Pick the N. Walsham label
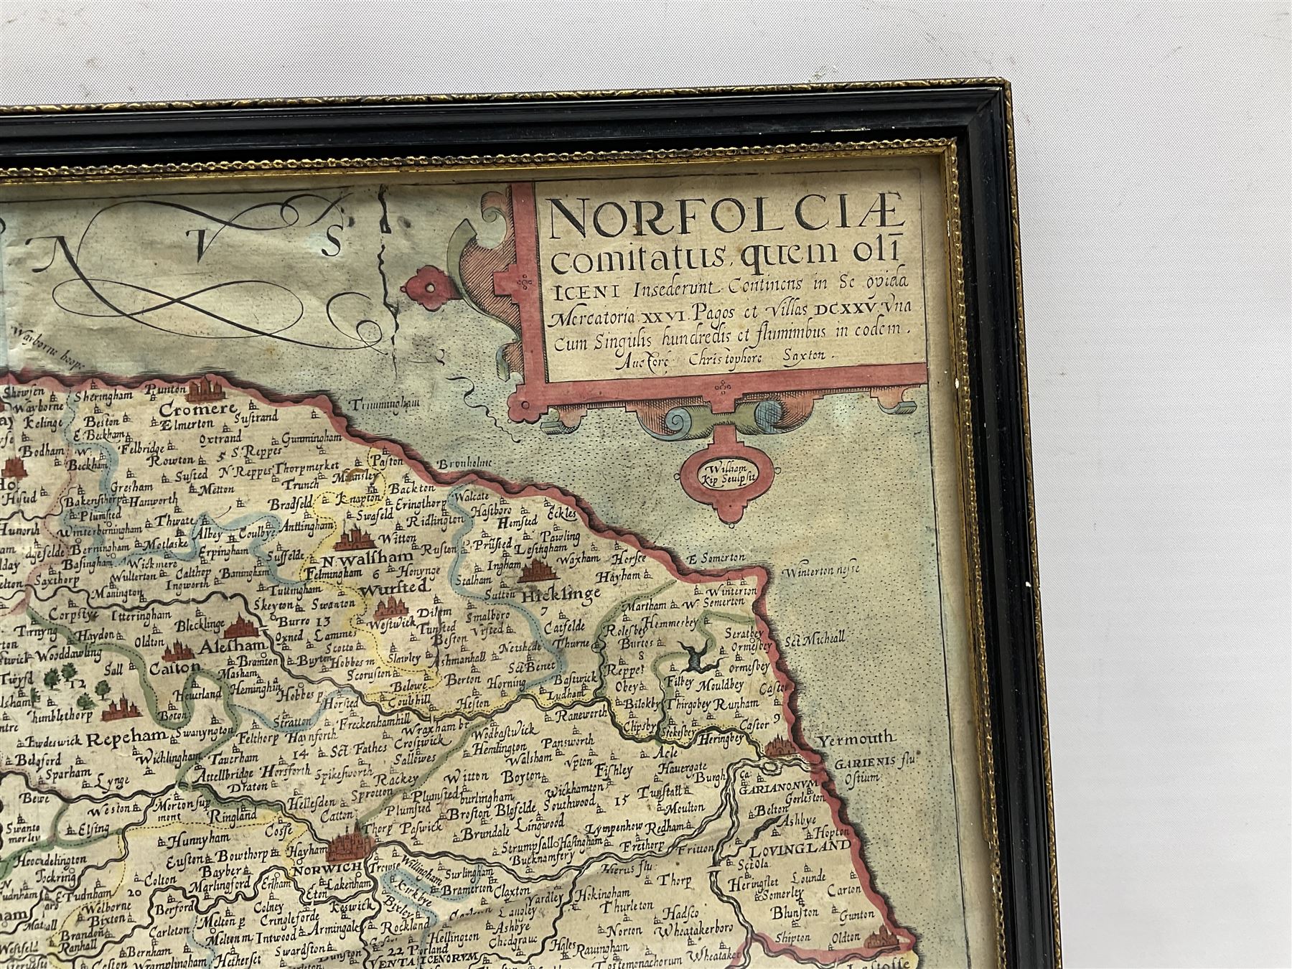tap(368, 558)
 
